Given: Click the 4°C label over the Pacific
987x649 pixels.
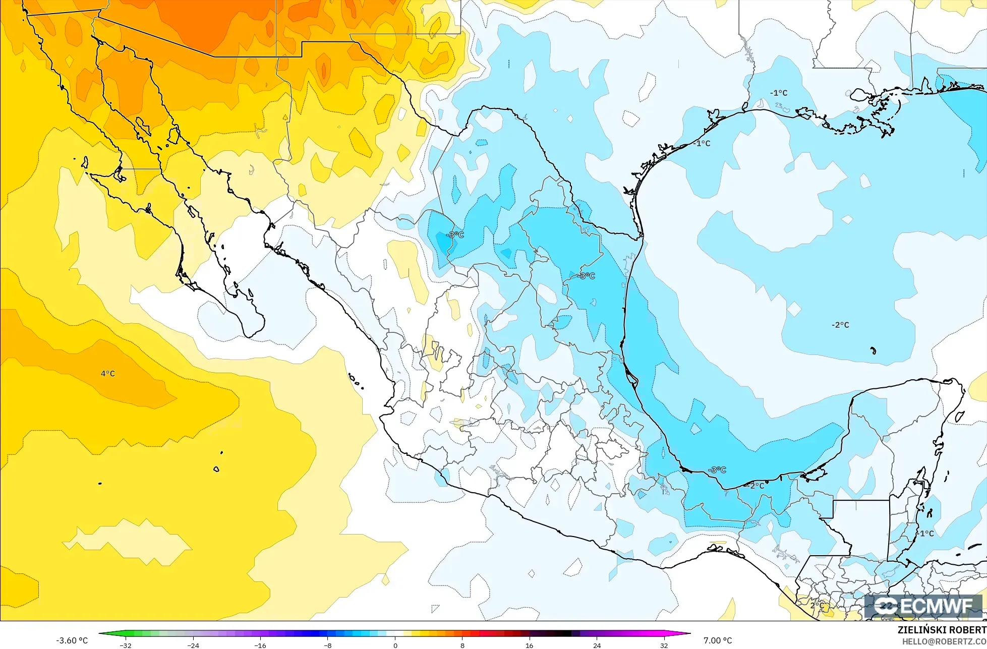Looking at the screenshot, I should pos(107,374).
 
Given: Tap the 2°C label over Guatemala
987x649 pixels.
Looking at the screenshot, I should pos(817,605).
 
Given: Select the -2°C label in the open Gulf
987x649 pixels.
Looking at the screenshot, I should pos(840,325).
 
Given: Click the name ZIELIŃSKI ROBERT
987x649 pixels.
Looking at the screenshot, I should pos(942,630).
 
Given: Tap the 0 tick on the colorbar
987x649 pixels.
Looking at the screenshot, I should pos(395,645).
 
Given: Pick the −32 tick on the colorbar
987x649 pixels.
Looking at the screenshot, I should pos(126,645).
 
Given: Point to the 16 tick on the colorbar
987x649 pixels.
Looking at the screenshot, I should pos(530,645).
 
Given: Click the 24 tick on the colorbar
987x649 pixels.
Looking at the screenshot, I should pos(597,645).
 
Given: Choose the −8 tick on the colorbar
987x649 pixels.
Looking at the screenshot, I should pos(327,645).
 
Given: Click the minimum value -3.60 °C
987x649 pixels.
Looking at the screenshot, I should pos(72,640).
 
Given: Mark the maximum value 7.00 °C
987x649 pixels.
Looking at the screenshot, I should pos(718,640).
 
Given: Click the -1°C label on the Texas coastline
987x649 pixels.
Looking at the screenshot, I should pos(702,143).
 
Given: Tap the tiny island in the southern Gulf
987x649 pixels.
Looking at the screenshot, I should pos(873,350).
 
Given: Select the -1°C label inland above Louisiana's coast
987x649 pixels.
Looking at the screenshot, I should pos(778,93).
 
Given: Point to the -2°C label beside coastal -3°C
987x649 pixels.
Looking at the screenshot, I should pos(756,486).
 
